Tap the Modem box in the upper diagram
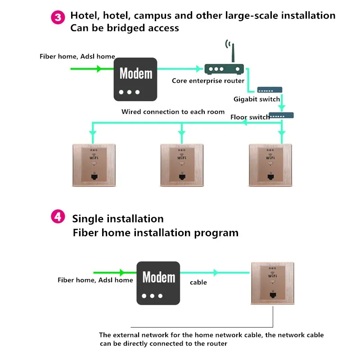coord(135,79)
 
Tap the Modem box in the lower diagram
coord(158,283)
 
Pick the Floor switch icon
coord(281,115)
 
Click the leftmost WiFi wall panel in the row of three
coord(94,166)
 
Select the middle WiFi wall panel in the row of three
coord(182,166)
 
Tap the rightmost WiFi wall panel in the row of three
coord(270,166)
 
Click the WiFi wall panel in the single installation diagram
coord(272,284)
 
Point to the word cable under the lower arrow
coord(198,282)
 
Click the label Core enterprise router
coord(208,81)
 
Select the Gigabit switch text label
coord(256,99)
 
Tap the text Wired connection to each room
coord(173,112)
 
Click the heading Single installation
coord(118,219)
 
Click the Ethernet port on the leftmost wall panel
coord(94,177)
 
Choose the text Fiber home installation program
coord(156,233)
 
